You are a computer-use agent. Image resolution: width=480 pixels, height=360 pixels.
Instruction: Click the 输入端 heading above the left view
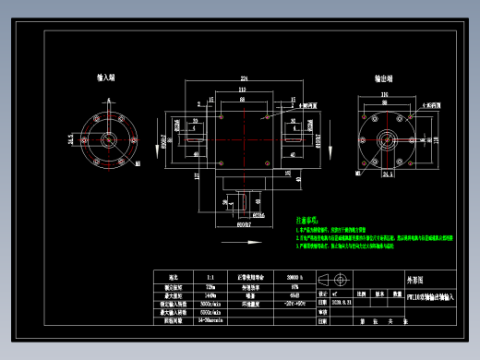(105, 79)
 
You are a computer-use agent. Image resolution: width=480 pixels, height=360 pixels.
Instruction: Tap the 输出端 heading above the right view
(385, 79)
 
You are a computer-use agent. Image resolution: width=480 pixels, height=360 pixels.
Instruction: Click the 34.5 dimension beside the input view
(70, 139)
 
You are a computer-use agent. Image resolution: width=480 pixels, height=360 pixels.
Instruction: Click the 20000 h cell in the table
(295, 277)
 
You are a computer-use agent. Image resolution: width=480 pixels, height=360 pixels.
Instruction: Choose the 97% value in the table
(295, 286)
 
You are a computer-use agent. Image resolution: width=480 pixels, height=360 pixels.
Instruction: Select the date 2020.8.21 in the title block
(342, 303)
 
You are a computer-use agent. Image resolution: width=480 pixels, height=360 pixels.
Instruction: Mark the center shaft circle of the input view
(108, 139)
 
